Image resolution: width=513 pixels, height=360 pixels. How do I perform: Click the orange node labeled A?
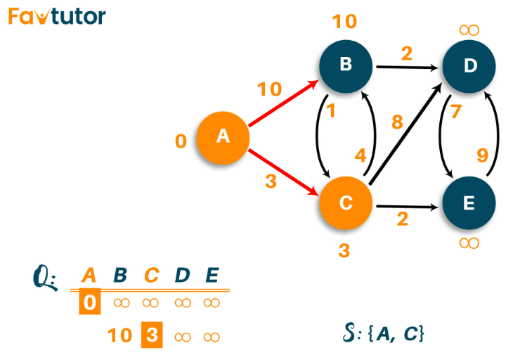tap(223, 138)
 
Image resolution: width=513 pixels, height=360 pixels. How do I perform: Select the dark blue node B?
tap(346, 66)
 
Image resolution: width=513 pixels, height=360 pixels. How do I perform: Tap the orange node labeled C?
tap(346, 203)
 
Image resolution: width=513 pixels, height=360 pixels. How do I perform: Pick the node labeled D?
tap(469, 66)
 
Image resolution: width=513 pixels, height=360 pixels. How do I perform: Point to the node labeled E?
tap(469, 203)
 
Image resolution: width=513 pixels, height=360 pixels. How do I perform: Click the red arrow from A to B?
tap(284, 103)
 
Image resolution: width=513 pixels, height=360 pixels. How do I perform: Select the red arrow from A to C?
tap(284, 172)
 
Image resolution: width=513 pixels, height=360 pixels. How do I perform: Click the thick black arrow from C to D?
tap(405, 134)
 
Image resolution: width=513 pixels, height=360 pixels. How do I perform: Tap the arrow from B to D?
tap(408, 67)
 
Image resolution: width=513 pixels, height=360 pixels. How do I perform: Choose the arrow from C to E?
tap(408, 207)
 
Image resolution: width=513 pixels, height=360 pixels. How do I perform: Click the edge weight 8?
tap(397, 122)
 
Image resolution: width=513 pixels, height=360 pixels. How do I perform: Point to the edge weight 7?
tap(456, 111)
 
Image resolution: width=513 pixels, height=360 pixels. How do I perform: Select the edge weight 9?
tap(483, 155)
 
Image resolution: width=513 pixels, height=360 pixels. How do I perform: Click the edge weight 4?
tap(361, 155)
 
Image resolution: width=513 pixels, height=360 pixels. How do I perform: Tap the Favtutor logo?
tap(57, 16)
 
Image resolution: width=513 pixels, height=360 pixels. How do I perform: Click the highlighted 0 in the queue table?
tap(90, 302)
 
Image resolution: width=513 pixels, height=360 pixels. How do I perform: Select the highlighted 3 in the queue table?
tap(152, 335)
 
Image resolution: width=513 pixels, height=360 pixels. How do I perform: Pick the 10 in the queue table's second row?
tap(119, 335)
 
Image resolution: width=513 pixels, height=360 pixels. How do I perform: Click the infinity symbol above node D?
tap(469, 30)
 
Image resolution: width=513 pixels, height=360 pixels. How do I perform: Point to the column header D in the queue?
tap(182, 275)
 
